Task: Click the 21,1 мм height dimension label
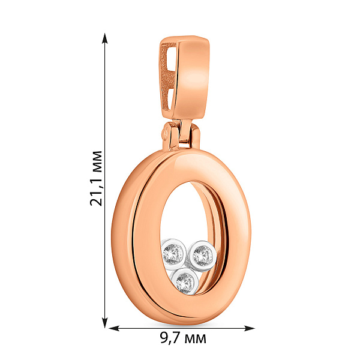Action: click(96, 178)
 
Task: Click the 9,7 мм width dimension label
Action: click(183, 338)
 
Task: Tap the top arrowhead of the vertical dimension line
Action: click(104, 38)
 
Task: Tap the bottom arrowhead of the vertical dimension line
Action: click(104, 322)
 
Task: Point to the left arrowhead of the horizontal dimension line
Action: click(115, 328)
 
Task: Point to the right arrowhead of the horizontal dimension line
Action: click(250, 328)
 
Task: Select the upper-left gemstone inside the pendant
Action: click(173, 254)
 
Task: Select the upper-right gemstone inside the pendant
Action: click(203, 256)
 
